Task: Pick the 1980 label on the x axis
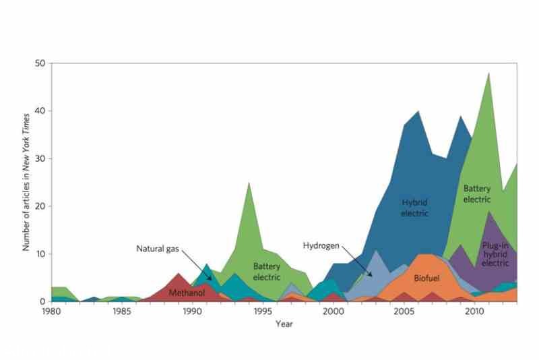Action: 51,312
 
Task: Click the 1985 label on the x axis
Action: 122,312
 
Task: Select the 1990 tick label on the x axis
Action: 192,312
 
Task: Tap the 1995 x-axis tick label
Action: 263,312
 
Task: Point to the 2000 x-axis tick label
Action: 334,312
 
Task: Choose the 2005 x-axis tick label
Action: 404,312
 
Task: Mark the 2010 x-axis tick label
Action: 474,312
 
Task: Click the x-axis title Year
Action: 284,324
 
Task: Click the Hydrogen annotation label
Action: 321,245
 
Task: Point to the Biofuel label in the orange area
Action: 426,278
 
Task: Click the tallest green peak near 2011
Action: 488,74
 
